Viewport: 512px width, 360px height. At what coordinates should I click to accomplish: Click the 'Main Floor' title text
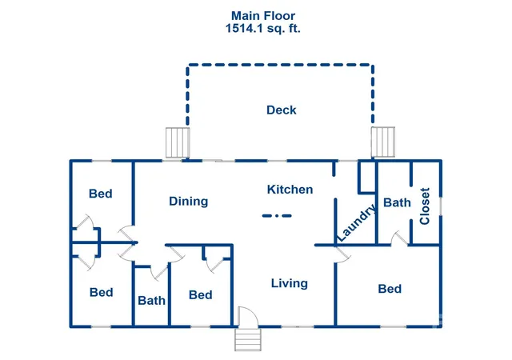(263, 15)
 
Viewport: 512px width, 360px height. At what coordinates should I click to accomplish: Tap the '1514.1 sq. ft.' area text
(263, 29)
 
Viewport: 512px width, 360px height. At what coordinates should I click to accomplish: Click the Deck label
(282, 110)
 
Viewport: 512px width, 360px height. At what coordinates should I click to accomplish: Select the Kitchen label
(290, 190)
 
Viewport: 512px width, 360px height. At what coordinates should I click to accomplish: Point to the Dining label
(189, 202)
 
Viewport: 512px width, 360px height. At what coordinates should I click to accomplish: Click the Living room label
(290, 283)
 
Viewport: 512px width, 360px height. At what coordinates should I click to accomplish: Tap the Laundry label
(356, 222)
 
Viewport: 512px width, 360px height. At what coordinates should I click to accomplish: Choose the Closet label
(425, 206)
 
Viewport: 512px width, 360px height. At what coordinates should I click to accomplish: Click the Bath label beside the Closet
(397, 202)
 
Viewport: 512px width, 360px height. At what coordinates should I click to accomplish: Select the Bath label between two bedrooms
(151, 301)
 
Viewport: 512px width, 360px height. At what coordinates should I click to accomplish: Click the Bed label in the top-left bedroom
(101, 194)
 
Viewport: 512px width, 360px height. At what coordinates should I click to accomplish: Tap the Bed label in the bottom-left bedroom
(102, 292)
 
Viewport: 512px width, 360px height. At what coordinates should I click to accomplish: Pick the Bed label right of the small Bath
(201, 295)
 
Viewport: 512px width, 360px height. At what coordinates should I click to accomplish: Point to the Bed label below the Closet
(390, 289)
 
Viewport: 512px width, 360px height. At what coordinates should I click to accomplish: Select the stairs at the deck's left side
(178, 142)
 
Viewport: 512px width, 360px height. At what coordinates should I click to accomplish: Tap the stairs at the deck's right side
(383, 142)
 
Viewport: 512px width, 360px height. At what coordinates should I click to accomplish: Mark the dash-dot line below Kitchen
(277, 216)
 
